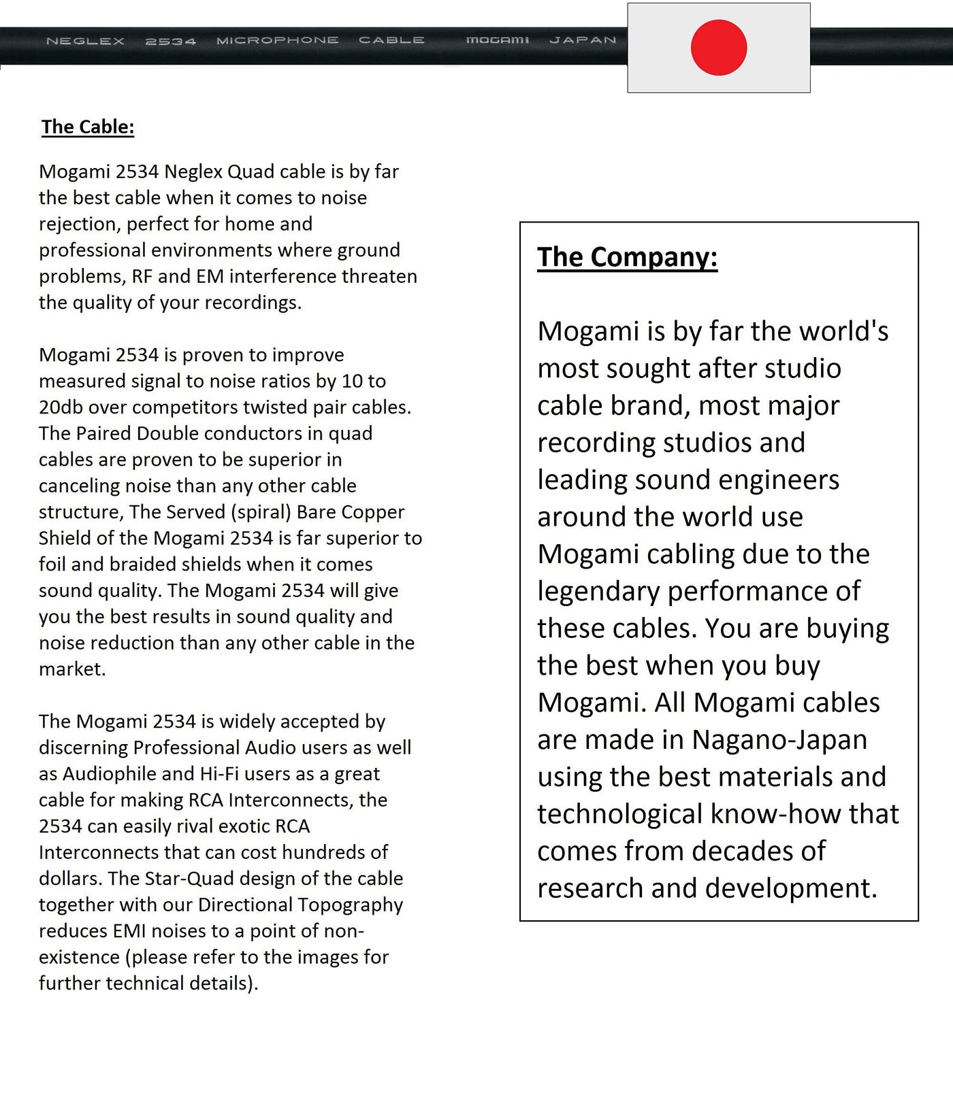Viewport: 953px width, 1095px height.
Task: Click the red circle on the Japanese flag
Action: (x=719, y=48)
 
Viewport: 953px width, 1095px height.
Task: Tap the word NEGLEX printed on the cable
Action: (x=85, y=41)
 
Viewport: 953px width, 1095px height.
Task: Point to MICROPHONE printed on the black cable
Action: (x=277, y=40)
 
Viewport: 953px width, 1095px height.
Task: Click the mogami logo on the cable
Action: (x=497, y=40)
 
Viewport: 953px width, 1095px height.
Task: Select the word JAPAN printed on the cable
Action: (x=583, y=40)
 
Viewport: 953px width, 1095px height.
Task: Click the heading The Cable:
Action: (x=88, y=127)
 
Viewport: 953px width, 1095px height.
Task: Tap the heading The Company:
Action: (x=627, y=257)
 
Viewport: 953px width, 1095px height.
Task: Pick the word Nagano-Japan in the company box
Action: (x=779, y=740)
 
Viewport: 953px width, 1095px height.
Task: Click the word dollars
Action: (x=69, y=879)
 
